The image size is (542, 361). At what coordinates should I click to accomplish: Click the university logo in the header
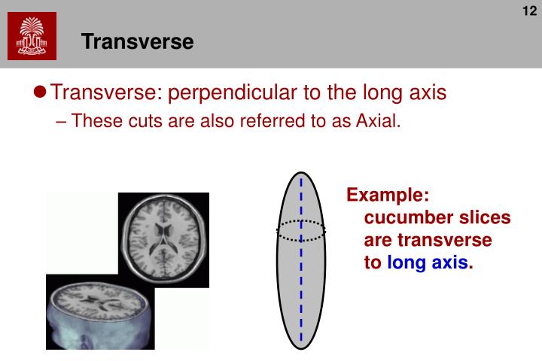click(x=32, y=37)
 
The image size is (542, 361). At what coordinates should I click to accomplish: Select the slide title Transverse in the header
click(x=138, y=41)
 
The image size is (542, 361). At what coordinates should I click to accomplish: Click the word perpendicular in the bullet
click(x=227, y=94)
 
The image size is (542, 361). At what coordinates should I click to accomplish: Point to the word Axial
click(x=376, y=121)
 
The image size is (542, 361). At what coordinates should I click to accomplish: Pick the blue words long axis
click(x=428, y=263)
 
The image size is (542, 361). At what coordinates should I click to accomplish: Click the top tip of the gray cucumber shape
click(x=300, y=174)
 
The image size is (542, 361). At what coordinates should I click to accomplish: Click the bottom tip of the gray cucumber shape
click(x=300, y=348)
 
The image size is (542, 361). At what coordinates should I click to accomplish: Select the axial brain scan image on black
click(x=163, y=232)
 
